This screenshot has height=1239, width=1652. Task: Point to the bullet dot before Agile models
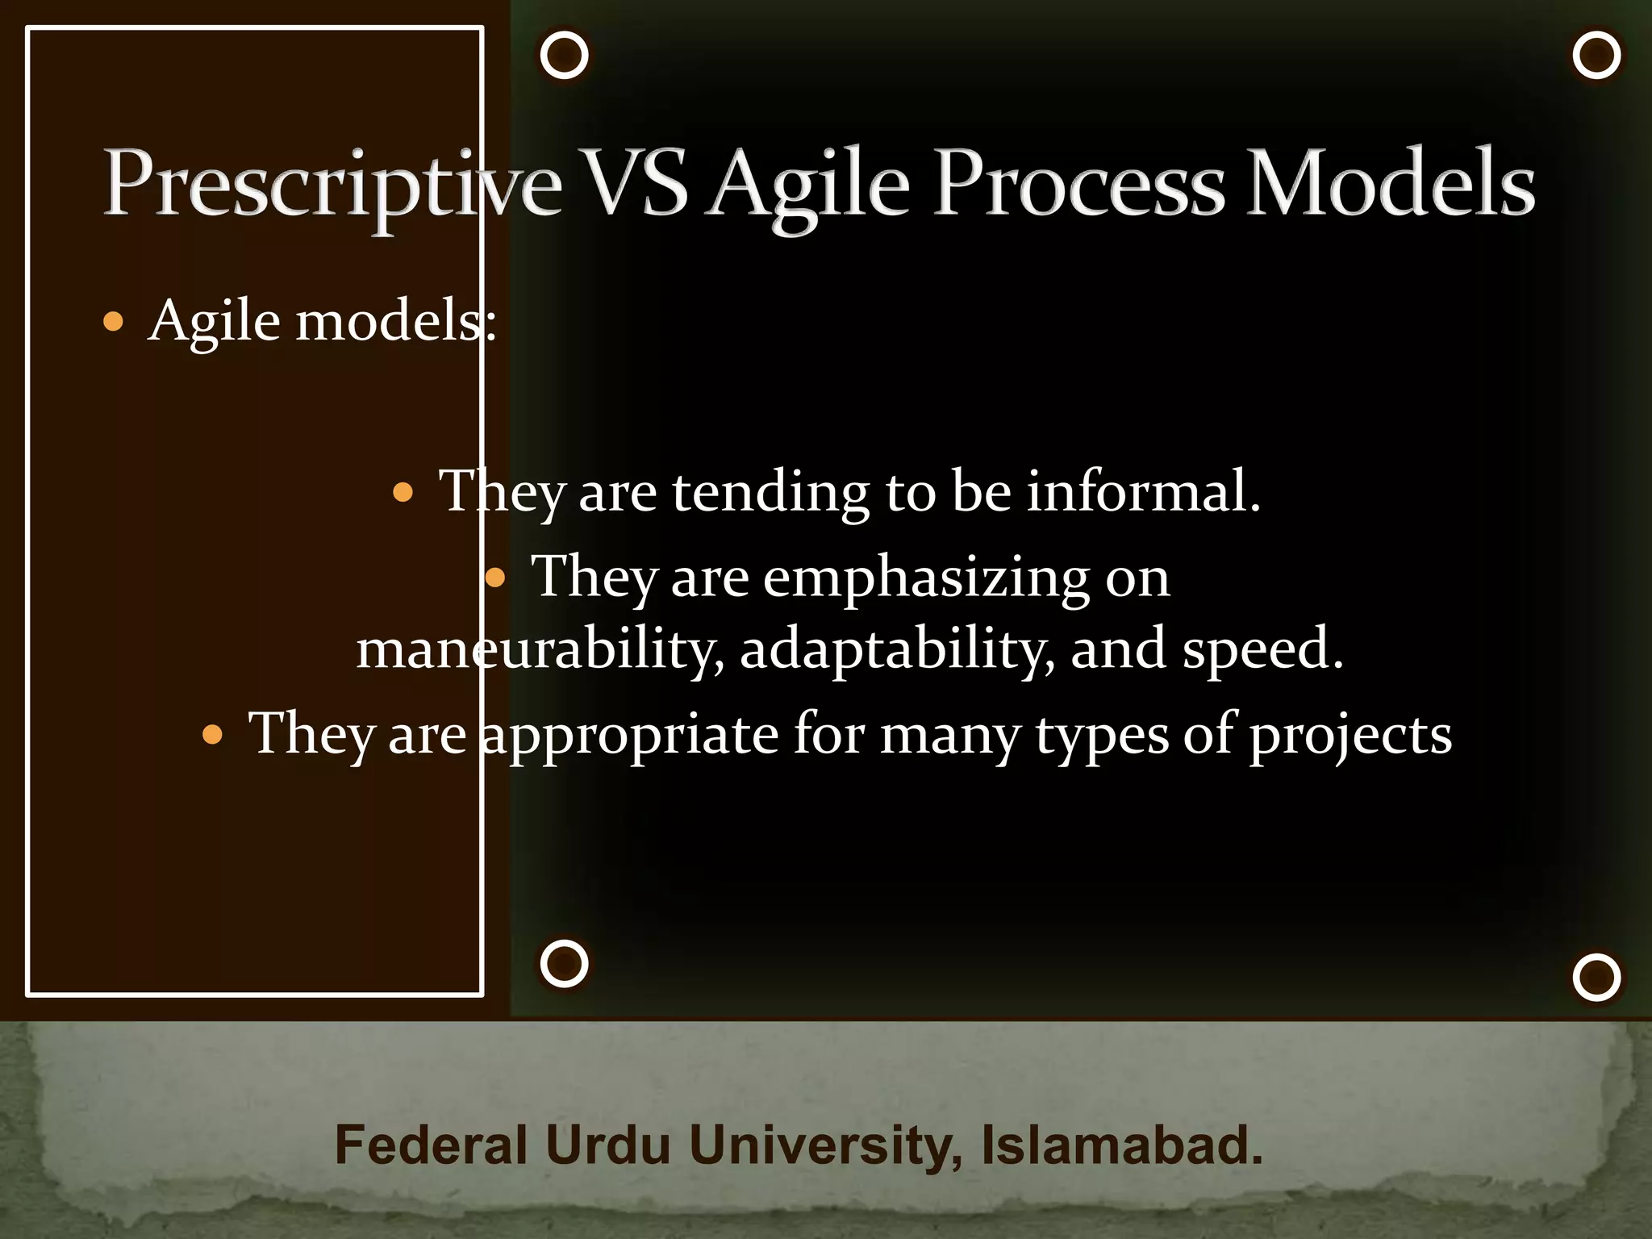point(114,323)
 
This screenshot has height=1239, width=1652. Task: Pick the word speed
point(1262,649)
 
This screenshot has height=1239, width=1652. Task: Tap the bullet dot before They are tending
point(403,492)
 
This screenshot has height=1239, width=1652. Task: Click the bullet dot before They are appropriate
point(212,735)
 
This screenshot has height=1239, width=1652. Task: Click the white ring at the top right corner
point(1596,56)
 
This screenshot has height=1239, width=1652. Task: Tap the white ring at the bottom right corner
point(1596,978)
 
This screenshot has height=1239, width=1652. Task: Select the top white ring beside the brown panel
point(564,56)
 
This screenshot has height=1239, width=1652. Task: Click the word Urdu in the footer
point(607,1145)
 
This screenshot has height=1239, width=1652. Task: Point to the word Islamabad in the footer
point(1121,1145)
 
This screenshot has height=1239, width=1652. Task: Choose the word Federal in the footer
point(431,1145)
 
